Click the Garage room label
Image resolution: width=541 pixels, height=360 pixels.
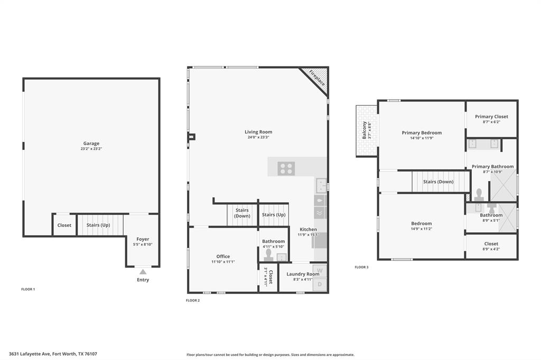[x=91, y=144]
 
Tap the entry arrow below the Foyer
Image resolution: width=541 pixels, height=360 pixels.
[x=143, y=272]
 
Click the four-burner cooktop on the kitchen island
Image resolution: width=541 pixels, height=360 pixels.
[x=287, y=168]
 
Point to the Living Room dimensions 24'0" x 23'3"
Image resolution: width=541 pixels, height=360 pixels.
[x=258, y=137]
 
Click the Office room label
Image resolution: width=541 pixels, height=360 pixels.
[x=222, y=257]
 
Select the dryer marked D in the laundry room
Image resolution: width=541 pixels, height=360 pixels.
[x=320, y=285]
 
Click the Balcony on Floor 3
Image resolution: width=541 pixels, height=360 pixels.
[x=367, y=131]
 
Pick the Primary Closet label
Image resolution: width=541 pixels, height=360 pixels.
[x=491, y=117]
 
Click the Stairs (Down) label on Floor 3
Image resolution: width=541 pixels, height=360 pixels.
[x=438, y=182]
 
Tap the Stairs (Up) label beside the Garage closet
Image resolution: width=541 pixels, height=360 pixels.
[x=98, y=225]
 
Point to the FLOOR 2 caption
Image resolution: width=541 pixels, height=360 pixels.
[x=193, y=300]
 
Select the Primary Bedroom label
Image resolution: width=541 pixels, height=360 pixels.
[x=422, y=133]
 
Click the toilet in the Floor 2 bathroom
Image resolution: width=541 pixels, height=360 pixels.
[x=269, y=255]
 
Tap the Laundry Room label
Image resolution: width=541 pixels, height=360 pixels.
[x=303, y=274]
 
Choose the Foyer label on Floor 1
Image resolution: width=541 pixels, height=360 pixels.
[x=143, y=239]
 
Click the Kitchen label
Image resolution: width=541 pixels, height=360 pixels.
[x=308, y=230]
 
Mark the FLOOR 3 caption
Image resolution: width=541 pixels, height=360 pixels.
[x=361, y=267]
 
